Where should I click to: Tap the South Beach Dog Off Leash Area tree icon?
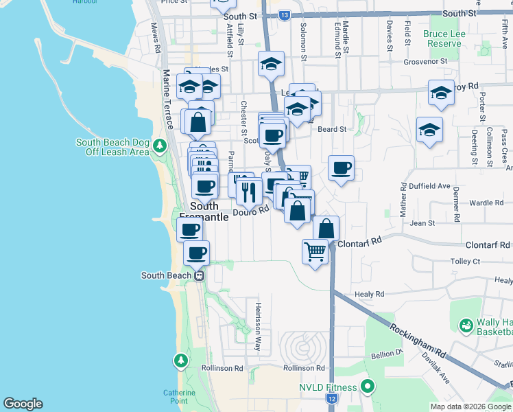(160, 146)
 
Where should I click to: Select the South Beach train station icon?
(199, 275)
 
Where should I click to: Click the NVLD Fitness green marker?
(367, 387)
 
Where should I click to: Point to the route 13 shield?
(285, 14)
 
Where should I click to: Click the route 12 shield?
(332, 398)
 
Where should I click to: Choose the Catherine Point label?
(179, 397)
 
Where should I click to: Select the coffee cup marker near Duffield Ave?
(341, 168)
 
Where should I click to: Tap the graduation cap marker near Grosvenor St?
(272, 65)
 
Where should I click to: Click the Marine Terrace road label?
(166, 95)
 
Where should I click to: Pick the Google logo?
(23, 404)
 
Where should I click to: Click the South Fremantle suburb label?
(204, 211)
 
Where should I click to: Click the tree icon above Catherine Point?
(181, 360)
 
